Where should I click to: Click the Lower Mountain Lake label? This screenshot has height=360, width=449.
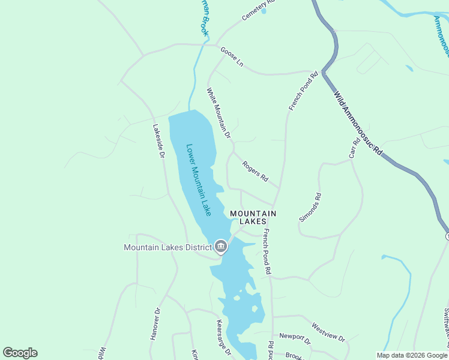coord(199,180)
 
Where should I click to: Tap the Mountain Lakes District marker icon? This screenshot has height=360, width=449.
coord(221,247)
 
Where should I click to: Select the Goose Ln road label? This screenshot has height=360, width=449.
coord(232,57)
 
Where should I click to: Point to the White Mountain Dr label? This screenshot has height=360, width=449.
coord(218,113)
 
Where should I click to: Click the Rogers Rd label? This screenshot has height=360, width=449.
coord(255,173)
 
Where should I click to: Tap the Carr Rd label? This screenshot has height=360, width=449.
coord(355,148)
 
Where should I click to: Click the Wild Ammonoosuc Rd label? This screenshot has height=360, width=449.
coord(358,124)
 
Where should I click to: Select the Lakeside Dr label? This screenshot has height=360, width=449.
coord(158,141)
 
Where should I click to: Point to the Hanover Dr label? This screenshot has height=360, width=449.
coord(156,324)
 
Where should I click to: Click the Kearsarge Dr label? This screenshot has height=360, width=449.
coord(223,337)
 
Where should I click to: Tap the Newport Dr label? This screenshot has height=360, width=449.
coord(295,340)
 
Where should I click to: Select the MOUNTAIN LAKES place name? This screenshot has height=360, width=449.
coord(253,217)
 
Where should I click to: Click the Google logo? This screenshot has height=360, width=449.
coord(20,353)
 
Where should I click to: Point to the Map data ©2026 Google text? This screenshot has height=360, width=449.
coord(412,355)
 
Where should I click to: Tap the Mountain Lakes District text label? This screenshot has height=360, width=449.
coord(167,247)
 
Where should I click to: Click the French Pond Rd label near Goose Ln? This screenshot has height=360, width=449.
coord(303,91)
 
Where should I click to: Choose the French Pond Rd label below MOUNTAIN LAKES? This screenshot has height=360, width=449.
coord(268,252)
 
